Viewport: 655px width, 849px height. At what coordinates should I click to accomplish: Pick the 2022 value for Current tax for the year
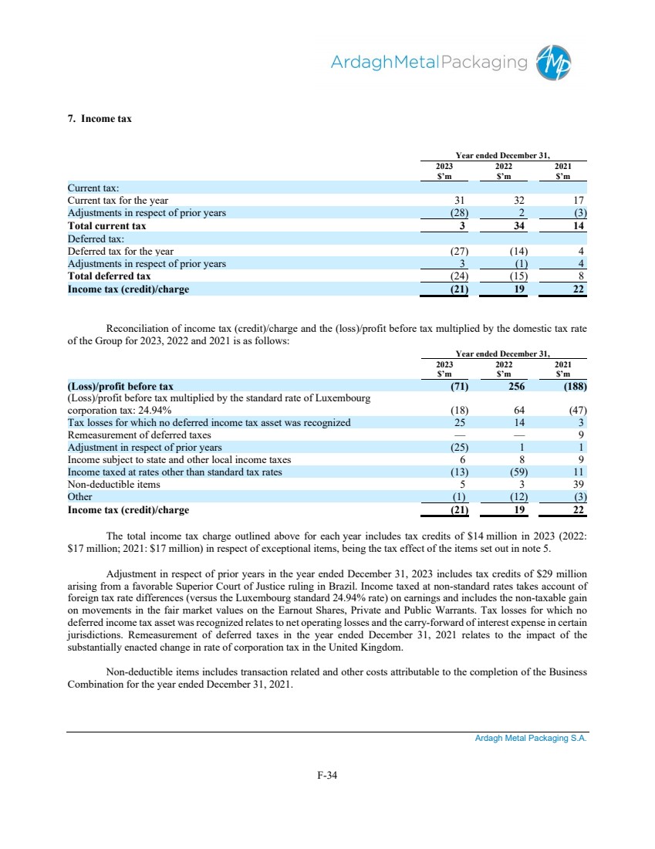point(517,201)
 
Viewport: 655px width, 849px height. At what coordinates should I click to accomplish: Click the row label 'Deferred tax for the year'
point(120,251)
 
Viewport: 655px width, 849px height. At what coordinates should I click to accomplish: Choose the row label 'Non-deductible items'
point(114,485)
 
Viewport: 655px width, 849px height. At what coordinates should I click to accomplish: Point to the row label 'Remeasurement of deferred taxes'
point(140,435)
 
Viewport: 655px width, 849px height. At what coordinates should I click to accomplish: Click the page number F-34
point(327,776)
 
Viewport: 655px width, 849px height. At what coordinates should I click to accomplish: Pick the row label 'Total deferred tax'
point(110,276)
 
